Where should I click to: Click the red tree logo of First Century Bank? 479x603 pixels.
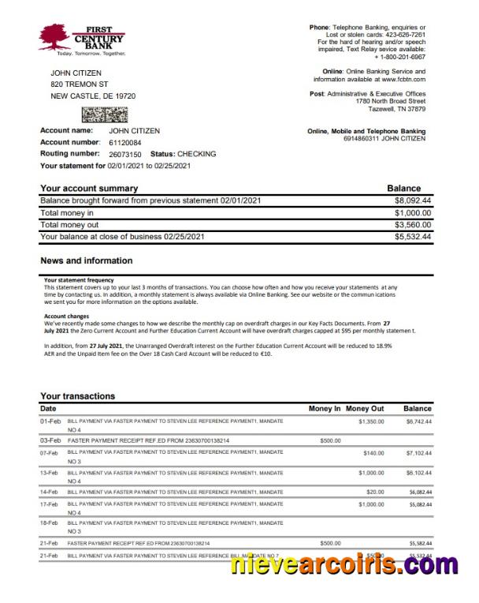[53, 36]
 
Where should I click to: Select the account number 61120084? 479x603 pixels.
[125, 142]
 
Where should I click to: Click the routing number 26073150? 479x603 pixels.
[125, 154]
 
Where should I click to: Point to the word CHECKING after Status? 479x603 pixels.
[197, 154]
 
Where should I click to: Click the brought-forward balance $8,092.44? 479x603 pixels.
[413, 201]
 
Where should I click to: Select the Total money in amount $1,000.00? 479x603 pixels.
[413, 213]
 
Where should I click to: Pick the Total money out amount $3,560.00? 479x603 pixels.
[413, 225]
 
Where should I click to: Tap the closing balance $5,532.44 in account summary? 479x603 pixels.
[413, 237]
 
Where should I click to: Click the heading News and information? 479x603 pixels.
[86, 260]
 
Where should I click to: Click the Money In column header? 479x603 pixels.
[325, 409]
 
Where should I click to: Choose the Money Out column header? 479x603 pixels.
[365, 409]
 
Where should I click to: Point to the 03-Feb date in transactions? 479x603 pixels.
[50, 440]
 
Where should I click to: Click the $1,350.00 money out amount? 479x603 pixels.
[371, 422]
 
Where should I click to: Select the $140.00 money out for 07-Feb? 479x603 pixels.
[373, 453]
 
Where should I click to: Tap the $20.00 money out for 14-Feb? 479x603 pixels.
[375, 491]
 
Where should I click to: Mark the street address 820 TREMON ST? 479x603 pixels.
[79, 84]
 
